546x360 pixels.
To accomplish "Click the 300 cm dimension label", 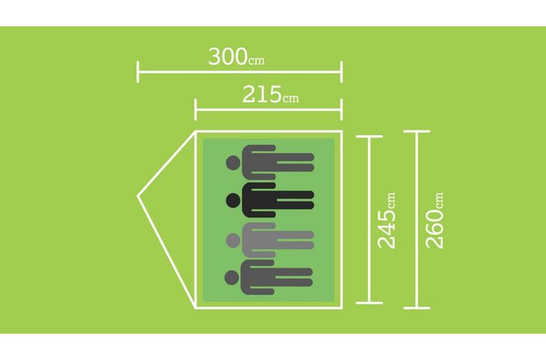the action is coord(237,57).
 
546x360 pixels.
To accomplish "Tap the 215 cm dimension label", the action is coord(271,94).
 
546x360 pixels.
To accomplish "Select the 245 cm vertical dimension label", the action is coord(387,221).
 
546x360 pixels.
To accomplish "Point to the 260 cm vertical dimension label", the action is coord(435,221).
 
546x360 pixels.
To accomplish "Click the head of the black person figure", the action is coord(233,201).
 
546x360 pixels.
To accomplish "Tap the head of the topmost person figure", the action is coord(233,163).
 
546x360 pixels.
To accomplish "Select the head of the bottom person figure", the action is coord(233,278).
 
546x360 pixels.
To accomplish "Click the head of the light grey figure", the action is coord(233,240).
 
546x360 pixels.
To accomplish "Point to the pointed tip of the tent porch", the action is coord(138,197).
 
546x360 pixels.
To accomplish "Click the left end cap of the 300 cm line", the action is coord(138,72).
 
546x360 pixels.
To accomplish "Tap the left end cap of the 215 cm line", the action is coord(196,109).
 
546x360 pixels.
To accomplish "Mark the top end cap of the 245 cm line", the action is coord(370,137).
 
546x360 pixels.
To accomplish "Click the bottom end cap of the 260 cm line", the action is coord(417,308).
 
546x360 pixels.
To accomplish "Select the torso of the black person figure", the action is coord(259,200).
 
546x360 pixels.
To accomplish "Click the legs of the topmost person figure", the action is coord(295,163).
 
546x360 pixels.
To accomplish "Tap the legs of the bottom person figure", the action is coord(294,278).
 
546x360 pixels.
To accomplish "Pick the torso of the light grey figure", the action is coord(259,240).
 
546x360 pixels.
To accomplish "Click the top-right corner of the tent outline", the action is coord(342,132).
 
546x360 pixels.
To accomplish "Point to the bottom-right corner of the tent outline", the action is coord(342,308).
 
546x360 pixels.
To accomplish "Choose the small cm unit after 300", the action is coord(257,61).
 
